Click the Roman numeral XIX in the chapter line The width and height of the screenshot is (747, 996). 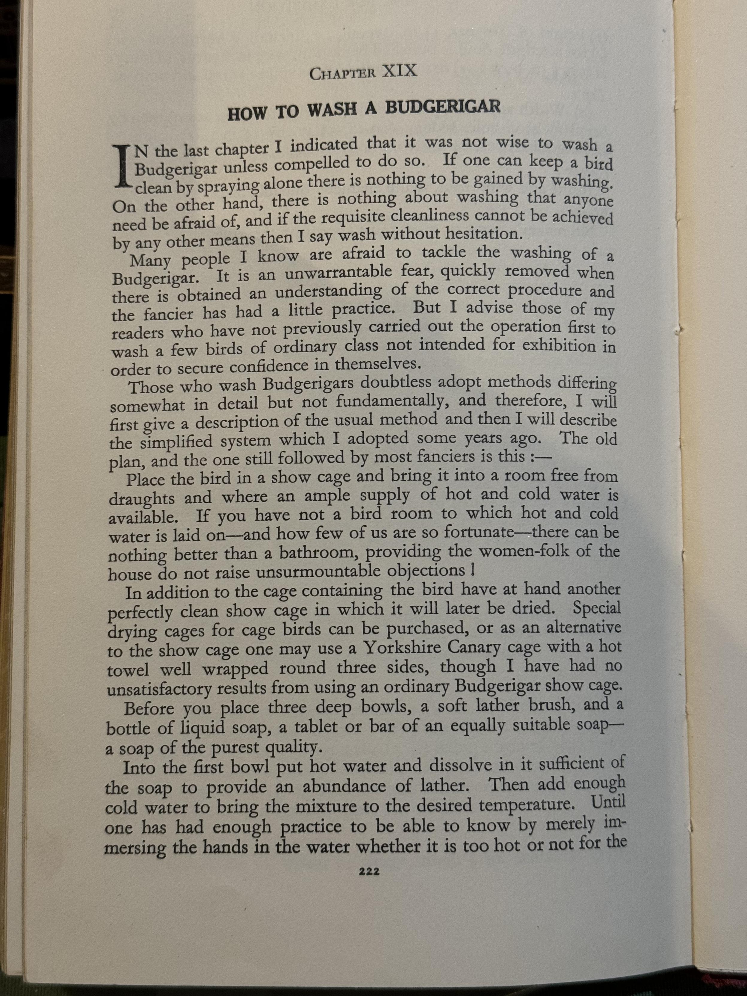pyautogui.click(x=399, y=72)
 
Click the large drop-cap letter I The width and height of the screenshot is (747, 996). pyautogui.click(x=122, y=166)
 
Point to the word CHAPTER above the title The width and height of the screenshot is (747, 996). pyautogui.click(x=342, y=73)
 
